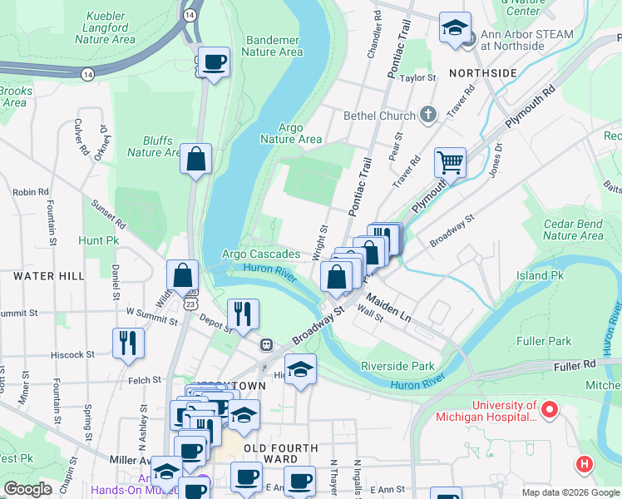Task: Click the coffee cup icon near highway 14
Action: [214, 62]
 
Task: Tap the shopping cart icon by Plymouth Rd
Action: [450, 162]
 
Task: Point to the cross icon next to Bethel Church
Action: [428, 115]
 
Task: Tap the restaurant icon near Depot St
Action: [243, 314]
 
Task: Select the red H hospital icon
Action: [585, 464]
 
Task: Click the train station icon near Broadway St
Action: [267, 344]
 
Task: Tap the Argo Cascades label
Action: [261, 254]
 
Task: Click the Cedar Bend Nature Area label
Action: [573, 230]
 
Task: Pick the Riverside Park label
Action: [397, 366]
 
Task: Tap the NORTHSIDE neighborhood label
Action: [483, 73]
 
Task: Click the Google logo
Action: [27, 488]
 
